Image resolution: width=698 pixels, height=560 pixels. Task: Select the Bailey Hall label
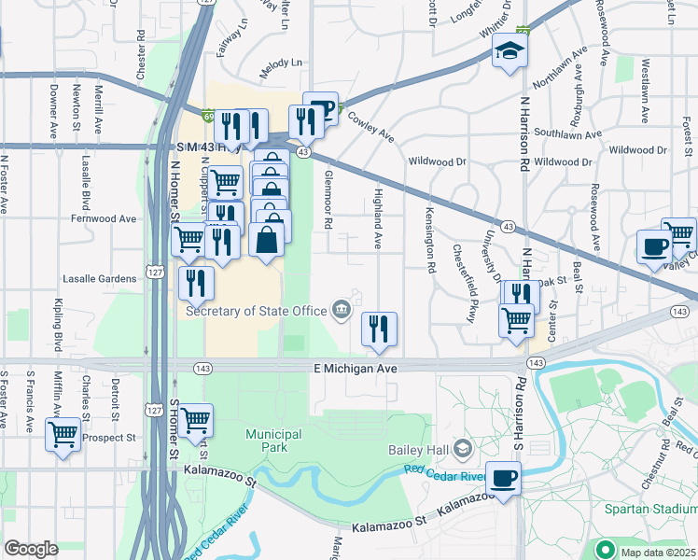419,450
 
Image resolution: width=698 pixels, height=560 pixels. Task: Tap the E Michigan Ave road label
355,370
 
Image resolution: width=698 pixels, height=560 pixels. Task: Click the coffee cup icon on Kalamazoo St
504,479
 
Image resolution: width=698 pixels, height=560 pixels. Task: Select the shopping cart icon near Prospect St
63,434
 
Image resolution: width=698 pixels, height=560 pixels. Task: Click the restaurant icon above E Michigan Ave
379,329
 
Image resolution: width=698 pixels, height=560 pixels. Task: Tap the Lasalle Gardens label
99,278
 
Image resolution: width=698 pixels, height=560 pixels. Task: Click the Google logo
31,549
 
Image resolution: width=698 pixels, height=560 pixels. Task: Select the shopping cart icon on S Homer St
195,421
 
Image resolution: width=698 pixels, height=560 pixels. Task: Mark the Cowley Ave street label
370,126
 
